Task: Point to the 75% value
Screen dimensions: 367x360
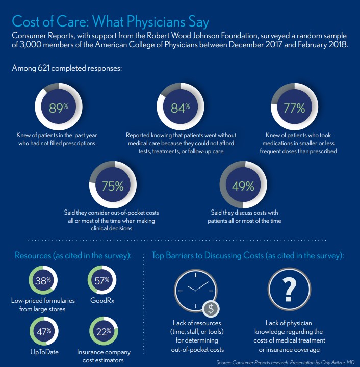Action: (113, 186)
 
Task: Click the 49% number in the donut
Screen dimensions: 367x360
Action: (243, 186)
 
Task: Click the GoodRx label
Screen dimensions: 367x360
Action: (102, 300)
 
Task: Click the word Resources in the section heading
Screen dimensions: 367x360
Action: (36, 255)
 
